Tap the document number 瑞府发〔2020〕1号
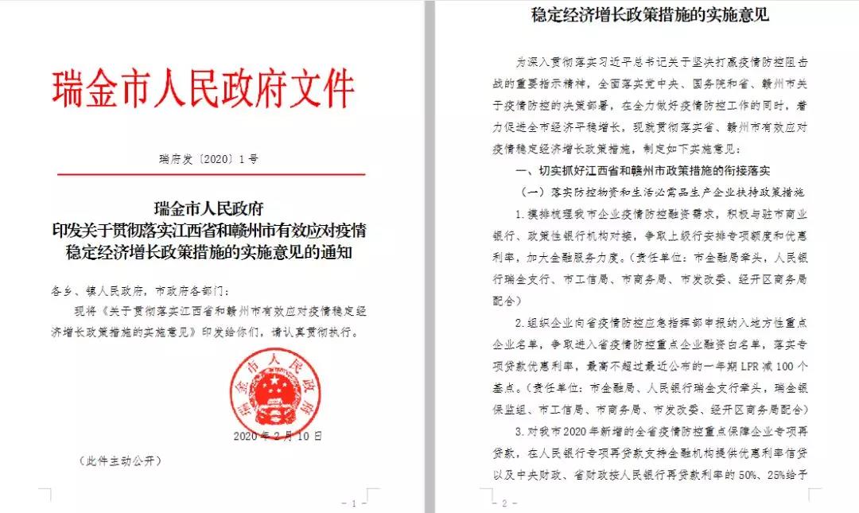point(209,159)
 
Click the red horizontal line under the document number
point(209,174)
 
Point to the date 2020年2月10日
point(278,436)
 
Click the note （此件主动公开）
point(121,461)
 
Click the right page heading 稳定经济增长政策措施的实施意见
point(650,14)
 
